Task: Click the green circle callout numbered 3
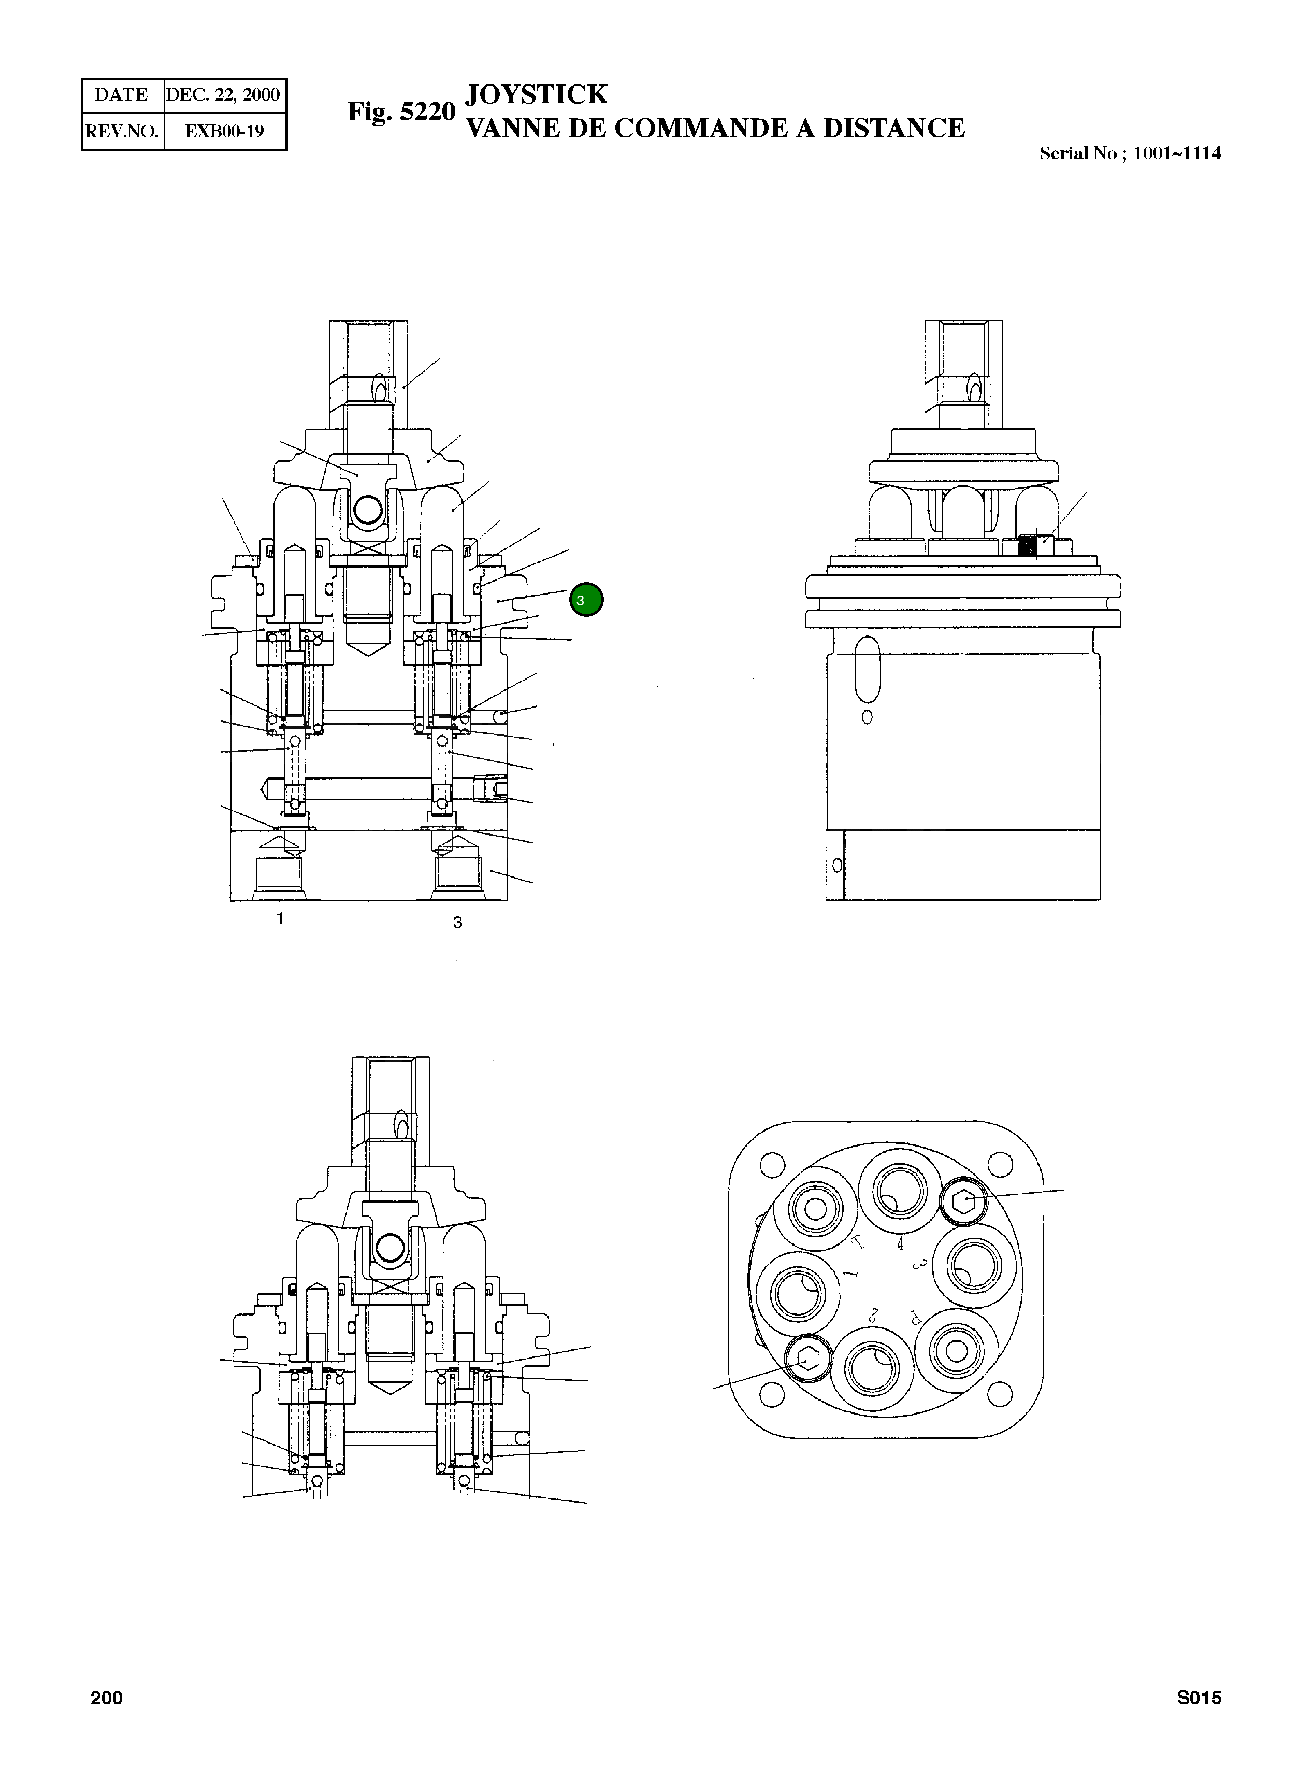point(586,600)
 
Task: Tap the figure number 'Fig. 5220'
point(401,112)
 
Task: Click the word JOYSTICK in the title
point(536,94)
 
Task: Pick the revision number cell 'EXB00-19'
point(224,131)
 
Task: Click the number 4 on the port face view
point(900,1244)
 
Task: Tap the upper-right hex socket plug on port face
point(963,1201)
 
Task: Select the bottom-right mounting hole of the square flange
point(999,1395)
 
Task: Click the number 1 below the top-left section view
point(280,918)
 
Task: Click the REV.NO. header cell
point(122,131)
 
